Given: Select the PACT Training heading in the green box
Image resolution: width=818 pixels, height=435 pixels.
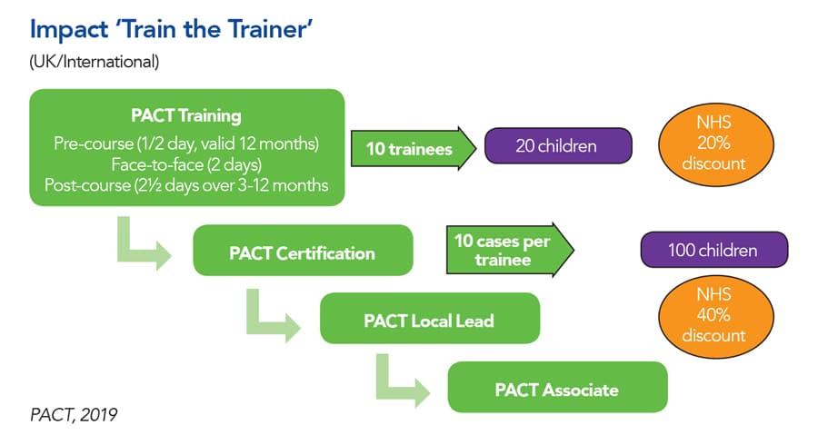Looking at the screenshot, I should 186,116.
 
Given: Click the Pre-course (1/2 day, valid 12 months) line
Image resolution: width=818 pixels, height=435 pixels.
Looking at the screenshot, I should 186,144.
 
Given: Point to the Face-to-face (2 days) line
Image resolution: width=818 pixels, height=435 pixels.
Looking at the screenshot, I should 186,164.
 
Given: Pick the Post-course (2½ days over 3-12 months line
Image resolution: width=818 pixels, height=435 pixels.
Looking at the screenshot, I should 186,185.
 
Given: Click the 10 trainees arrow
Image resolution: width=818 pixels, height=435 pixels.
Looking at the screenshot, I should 414,149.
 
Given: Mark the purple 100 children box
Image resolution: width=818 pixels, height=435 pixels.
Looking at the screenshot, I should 713,250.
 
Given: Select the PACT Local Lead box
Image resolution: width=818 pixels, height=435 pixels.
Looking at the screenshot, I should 430,320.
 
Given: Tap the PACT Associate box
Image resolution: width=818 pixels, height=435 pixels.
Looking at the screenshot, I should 557,389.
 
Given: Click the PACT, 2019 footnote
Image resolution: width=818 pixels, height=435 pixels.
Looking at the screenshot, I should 72,415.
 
